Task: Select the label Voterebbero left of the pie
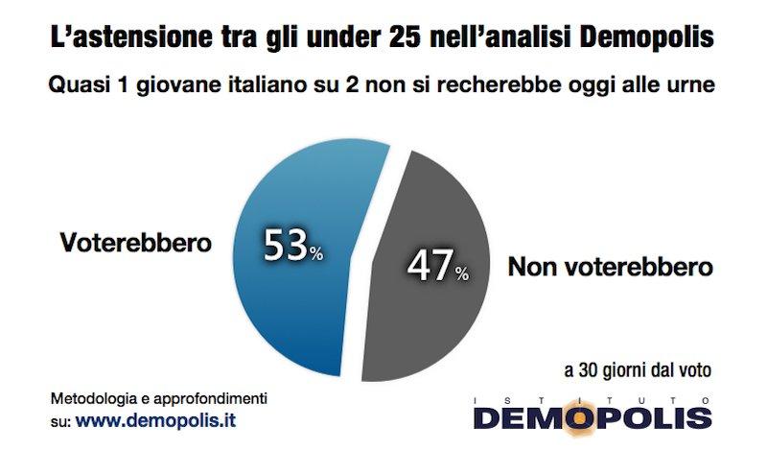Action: pyautogui.click(x=135, y=242)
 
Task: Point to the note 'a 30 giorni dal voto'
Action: pyautogui.click(x=635, y=368)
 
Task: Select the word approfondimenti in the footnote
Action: pyautogui.click(x=211, y=398)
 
